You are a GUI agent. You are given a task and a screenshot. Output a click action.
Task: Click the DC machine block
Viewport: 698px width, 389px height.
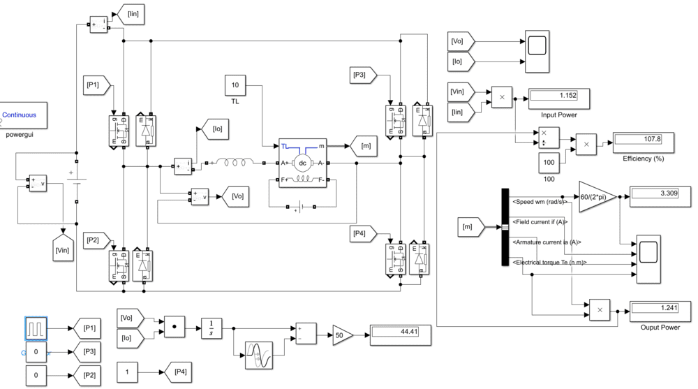coord(302,163)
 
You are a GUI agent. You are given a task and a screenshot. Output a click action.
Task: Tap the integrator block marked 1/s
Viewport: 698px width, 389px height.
coord(211,327)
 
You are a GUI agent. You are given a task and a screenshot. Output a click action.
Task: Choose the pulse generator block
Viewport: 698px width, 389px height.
coord(36,328)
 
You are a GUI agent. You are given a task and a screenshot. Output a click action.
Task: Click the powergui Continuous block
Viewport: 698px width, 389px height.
coord(23,115)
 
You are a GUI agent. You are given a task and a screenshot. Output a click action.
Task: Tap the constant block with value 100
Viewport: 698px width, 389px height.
coord(549,161)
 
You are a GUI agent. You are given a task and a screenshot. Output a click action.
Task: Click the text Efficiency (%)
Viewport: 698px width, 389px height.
coord(643,159)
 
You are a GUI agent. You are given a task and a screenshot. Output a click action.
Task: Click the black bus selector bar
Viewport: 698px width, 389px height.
coord(505,227)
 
